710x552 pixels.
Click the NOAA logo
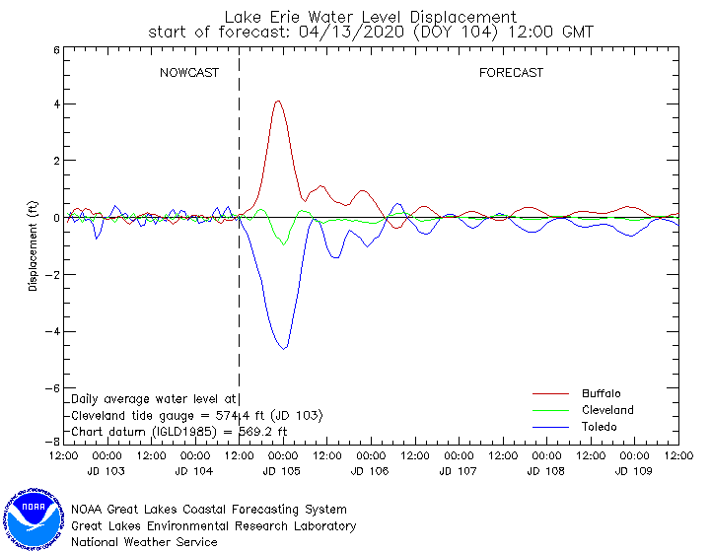click(x=35, y=515)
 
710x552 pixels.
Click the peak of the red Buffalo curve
click(x=278, y=101)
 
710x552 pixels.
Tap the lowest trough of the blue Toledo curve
click(x=284, y=348)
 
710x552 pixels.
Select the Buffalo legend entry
click(x=601, y=393)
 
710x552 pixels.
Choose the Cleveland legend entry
click(x=606, y=410)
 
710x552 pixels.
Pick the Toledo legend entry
click(x=599, y=427)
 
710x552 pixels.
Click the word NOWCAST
click(x=189, y=73)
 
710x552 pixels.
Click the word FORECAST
click(x=511, y=73)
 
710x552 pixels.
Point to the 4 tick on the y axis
click(x=56, y=103)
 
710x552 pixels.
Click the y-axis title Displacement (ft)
click(x=33, y=246)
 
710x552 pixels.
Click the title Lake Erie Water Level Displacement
click(x=370, y=17)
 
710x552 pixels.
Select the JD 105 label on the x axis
click(x=283, y=472)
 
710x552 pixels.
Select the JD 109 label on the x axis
click(x=634, y=472)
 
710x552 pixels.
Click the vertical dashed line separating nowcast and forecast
click(x=240, y=296)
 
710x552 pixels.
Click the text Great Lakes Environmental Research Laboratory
click(x=213, y=525)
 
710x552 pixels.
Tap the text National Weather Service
click(x=144, y=541)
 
